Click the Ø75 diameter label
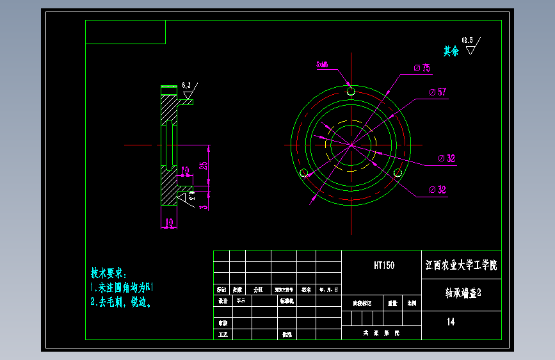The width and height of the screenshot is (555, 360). coord(422,68)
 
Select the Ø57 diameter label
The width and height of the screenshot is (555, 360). coord(438,92)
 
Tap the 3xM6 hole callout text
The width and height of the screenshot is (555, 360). coord(322,65)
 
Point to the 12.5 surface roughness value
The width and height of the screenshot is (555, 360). coord(468,40)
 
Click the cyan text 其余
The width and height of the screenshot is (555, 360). coord(451,51)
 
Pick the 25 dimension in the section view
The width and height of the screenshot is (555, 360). coord(204,166)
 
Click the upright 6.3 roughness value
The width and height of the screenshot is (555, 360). coord(186,85)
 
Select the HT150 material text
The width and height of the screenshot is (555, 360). coord(384,265)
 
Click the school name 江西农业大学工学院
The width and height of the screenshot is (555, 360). coord(461,265)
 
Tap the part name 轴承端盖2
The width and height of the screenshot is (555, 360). coord(463,293)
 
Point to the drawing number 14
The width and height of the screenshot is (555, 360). coord(451,322)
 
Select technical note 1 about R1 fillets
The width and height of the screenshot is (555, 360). coord(121,287)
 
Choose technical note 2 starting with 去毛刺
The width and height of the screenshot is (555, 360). coord(121,301)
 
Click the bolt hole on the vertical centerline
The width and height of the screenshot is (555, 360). coord(351,92)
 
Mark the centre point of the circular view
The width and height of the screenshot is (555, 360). coord(351,145)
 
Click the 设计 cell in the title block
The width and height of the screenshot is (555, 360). coord(222,300)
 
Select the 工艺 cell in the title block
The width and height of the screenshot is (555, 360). coord(222,334)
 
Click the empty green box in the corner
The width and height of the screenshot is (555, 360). coord(125,32)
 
